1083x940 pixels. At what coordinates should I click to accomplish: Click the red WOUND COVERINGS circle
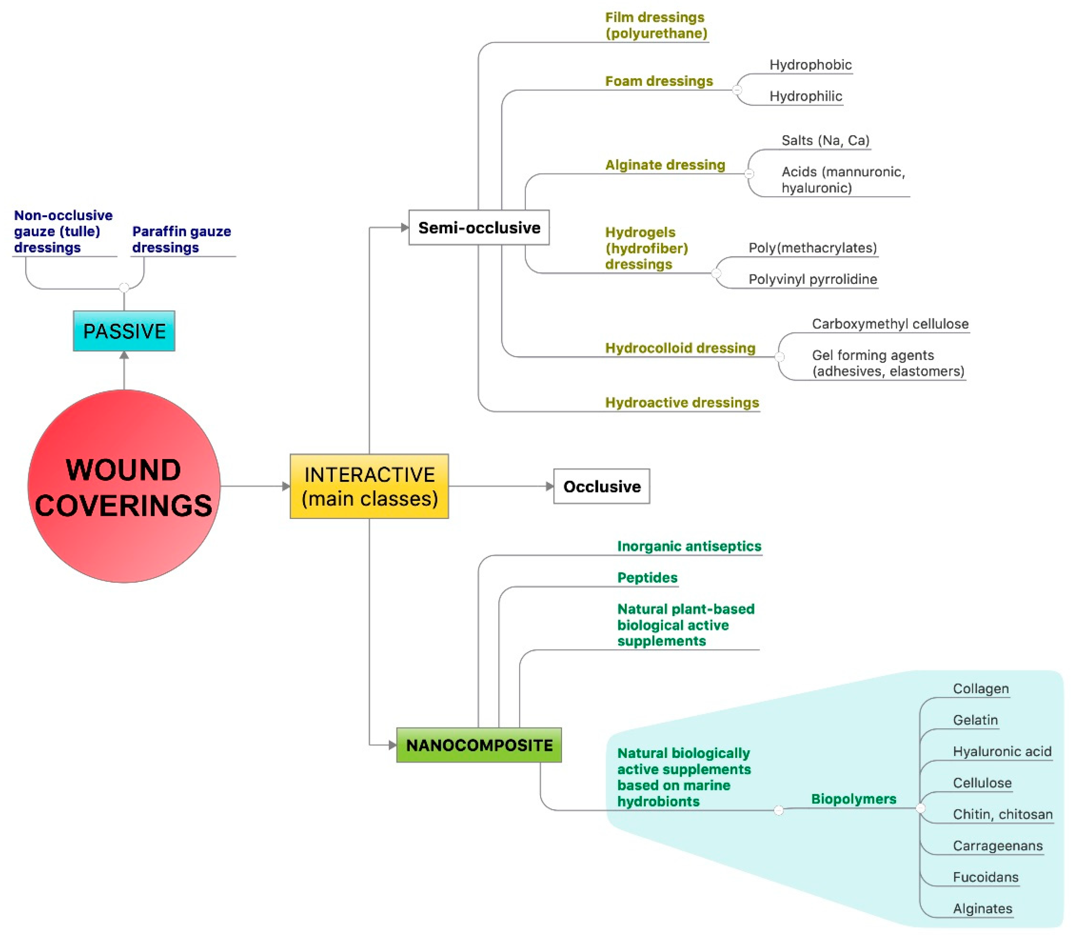pyautogui.click(x=124, y=486)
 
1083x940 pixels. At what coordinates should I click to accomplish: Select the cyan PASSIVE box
pyautogui.click(x=124, y=331)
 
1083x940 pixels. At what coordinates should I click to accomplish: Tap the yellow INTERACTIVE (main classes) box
pyautogui.click(x=369, y=486)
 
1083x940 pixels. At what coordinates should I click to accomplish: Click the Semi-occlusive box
pyautogui.click(x=479, y=228)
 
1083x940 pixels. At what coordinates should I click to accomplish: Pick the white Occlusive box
pyautogui.click(x=601, y=486)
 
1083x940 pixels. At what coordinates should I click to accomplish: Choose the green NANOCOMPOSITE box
pyautogui.click(x=479, y=745)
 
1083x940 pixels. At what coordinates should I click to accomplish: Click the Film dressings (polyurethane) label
pyautogui.click(x=656, y=25)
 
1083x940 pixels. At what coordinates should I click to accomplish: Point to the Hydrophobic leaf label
pyautogui.click(x=810, y=65)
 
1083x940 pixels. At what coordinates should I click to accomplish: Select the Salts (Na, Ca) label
pyautogui.click(x=825, y=141)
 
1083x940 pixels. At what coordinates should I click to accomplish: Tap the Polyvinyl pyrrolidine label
pyautogui.click(x=812, y=279)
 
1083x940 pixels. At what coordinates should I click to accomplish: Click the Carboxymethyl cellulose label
pyautogui.click(x=890, y=324)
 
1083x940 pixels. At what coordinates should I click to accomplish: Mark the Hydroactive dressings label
pyautogui.click(x=682, y=402)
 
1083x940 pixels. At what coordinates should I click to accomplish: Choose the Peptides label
pyautogui.click(x=647, y=578)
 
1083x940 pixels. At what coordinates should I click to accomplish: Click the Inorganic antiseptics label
pyautogui.click(x=689, y=546)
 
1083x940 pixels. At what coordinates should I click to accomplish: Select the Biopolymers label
pyautogui.click(x=853, y=799)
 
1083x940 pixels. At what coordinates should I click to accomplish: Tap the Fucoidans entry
pyautogui.click(x=985, y=877)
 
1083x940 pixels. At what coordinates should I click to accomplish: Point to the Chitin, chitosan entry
pyautogui.click(x=1002, y=814)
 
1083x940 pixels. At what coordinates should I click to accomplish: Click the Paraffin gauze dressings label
pyautogui.click(x=181, y=239)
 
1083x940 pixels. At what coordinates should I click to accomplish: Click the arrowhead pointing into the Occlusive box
pyautogui.click(x=550, y=486)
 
